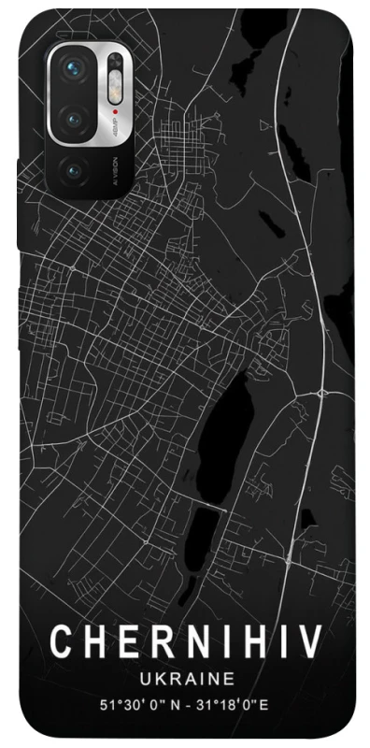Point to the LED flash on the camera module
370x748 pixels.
(x=115, y=93)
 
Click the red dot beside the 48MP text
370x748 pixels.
(x=115, y=120)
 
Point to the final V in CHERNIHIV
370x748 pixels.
(x=311, y=643)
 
